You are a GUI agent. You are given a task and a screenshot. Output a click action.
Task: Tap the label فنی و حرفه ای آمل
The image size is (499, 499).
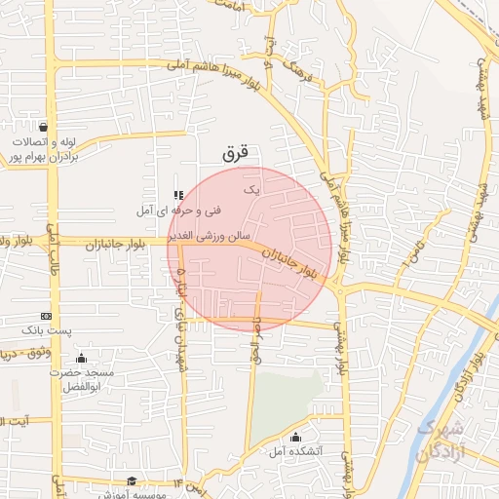pyautogui.click(x=182, y=211)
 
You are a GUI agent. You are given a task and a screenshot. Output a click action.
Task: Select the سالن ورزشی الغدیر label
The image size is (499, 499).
pyautogui.click(x=211, y=236)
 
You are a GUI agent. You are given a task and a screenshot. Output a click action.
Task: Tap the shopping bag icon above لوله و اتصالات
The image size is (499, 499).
pyautogui.click(x=43, y=127)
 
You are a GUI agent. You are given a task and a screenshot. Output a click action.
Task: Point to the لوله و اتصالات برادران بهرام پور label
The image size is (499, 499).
pyautogui.click(x=43, y=149)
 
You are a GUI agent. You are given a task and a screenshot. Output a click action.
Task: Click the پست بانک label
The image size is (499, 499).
pyautogui.click(x=49, y=332)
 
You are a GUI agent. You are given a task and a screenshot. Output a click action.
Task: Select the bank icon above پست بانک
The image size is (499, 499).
pyautogui.click(x=46, y=317)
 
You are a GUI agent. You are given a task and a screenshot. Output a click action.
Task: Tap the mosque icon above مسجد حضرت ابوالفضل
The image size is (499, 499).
pyautogui.click(x=80, y=357)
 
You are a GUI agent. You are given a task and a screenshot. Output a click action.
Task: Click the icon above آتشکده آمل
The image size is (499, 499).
pyautogui.click(x=295, y=437)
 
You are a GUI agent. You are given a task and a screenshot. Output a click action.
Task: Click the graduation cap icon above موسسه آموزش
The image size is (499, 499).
pyautogui.click(x=132, y=480)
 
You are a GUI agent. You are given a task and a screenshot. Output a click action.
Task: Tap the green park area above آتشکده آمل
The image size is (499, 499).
pyautogui.click(x=288, y=400)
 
